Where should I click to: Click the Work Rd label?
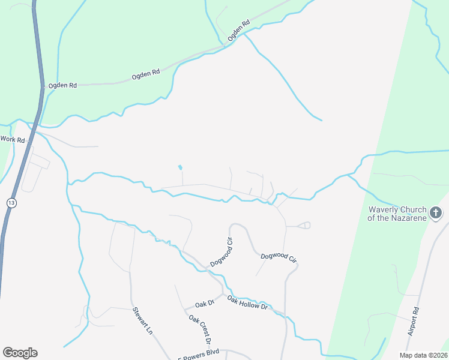click(x=13, y=139)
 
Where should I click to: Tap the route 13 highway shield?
click(x=11, y=202)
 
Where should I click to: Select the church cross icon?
click(x=436, y=212)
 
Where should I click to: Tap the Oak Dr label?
click(x=204, y=304)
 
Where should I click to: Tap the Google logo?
click(x=20, y=353)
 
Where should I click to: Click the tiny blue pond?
click(x=180, y=167)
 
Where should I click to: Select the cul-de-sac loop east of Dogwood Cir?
click(x=305, y=226)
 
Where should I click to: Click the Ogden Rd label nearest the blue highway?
click(x=63, y=86)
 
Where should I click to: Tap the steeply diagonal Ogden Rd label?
click(x=238, y=32)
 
